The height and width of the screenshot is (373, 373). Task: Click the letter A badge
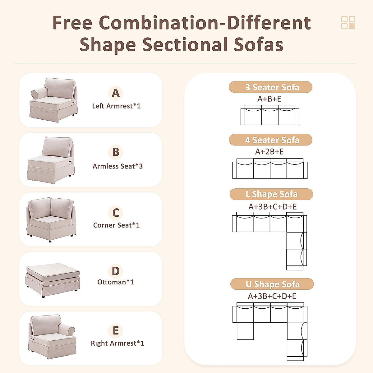[116, 93]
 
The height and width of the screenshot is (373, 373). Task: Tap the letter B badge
[116, 152]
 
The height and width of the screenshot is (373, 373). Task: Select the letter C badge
[116, 213]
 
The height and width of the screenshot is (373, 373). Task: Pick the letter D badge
[116, 271]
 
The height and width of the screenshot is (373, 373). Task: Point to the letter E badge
[116, 330]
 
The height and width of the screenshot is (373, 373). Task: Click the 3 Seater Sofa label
[270, 87]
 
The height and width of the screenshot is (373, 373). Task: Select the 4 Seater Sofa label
[270, 140]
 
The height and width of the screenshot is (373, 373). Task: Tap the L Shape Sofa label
[271, 194]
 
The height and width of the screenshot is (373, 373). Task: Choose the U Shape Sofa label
[272, 284]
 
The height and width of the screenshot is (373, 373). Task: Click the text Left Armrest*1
[116, 106]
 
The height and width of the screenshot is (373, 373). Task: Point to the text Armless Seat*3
[117, 166]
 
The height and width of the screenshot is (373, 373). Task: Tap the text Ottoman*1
[115, 282]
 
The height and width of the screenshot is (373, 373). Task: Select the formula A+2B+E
[269, 152]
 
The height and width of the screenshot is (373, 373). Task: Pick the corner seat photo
[51, 219]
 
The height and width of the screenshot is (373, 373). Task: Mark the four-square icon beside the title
[348, 23]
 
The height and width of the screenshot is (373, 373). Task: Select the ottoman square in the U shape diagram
[245, 331]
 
